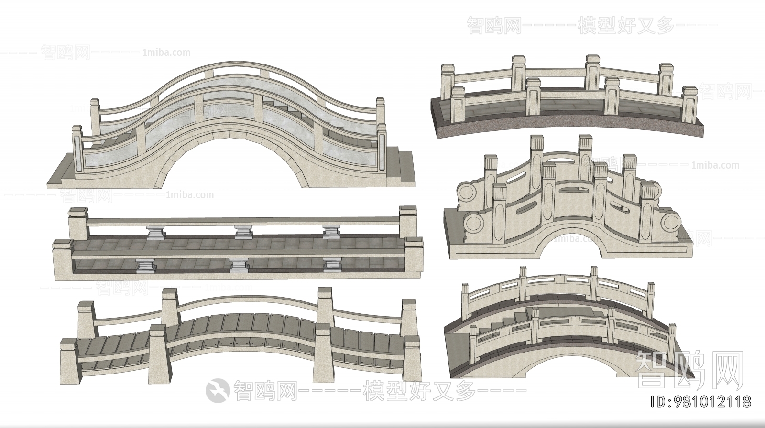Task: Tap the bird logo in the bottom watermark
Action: [x=218, y=390]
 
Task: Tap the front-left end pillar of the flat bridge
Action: [x=64, y=261]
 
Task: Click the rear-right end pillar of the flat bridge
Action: [x=408, y=222]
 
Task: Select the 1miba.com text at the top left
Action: [x=166, y=53]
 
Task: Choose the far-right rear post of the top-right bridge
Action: [x=665, y=79]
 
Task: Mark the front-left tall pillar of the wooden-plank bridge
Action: [x=158, y=351]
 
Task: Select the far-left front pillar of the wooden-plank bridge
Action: [x=68, y=361]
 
